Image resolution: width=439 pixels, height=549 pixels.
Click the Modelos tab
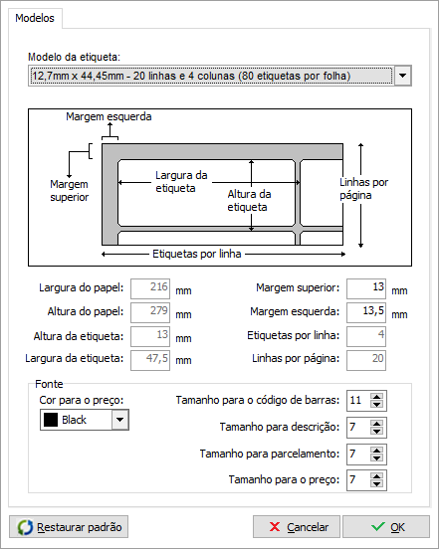(35, 18)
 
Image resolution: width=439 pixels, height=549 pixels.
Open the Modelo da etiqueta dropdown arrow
(402, 76)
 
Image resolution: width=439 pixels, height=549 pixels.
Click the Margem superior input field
(366, 288)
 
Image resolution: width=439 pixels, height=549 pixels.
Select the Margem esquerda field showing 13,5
(366, 312)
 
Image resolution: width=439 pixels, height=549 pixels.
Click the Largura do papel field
(150, 288)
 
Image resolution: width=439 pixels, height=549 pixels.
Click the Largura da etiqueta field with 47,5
(150, 360)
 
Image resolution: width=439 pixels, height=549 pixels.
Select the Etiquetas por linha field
(366, 336)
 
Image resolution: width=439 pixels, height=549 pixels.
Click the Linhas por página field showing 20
(366, 360)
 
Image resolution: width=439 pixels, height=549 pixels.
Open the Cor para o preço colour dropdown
(119, 420)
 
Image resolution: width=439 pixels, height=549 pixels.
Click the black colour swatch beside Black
(51, 420)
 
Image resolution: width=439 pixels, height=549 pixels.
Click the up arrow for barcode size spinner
(376, 397)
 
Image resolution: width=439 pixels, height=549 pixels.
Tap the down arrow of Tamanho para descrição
(376, 431)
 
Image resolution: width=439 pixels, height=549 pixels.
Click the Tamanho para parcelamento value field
(358, 455)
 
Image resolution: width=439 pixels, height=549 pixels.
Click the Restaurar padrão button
(69, 526)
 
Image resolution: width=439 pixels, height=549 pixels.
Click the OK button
(386, 526)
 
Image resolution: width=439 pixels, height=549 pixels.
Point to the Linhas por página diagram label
(363, 189)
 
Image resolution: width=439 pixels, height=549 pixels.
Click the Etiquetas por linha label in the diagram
(196, 254)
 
